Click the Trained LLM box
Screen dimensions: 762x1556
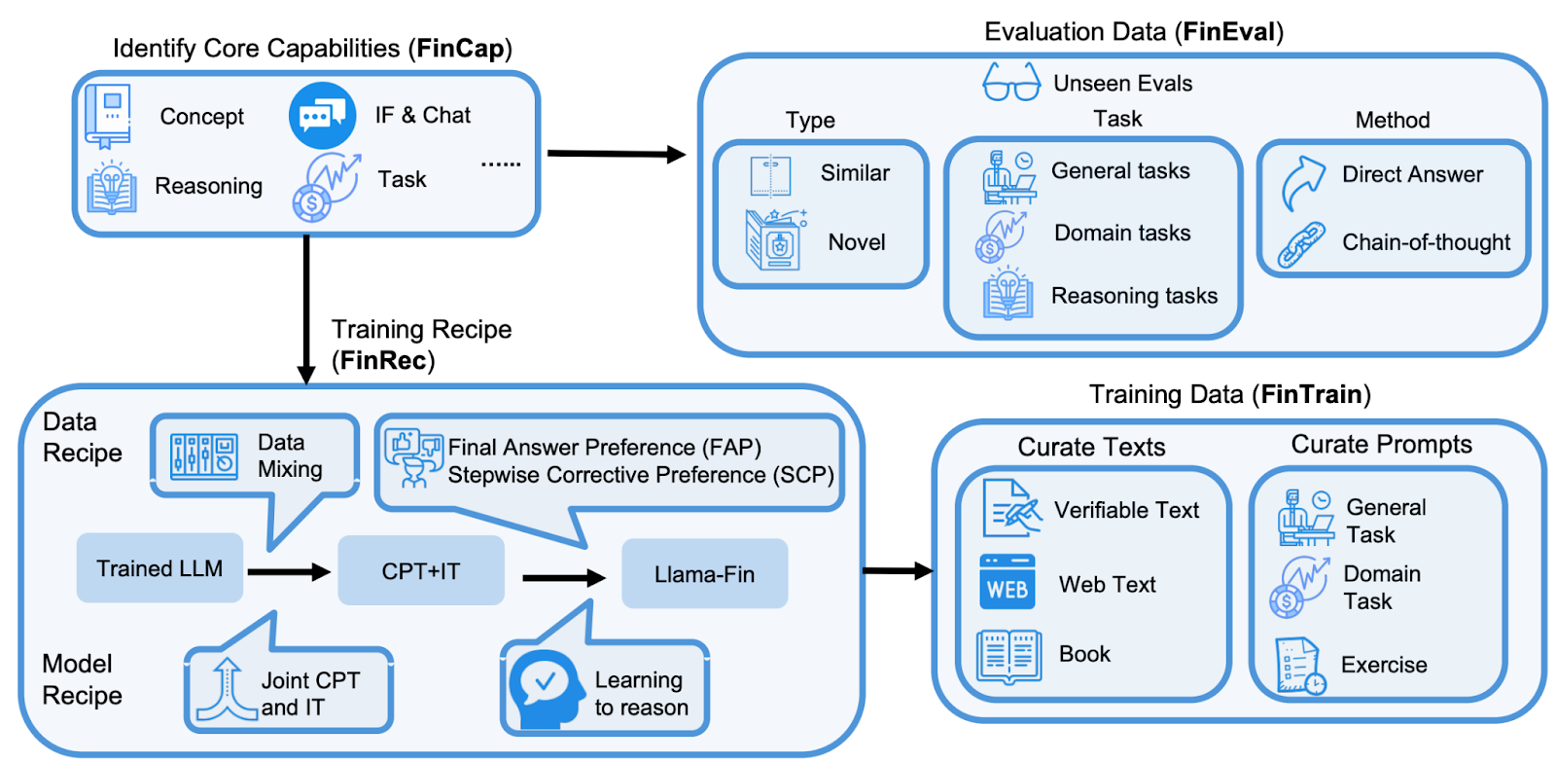pyautogui.click(x=159, y=568)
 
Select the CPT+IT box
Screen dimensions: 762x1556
pyautogui.click(x=420, y=571)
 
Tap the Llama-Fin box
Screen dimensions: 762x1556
pyautogui.click(x=704, y=574)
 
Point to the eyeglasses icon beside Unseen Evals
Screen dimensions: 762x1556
pyautogui.click(x=1011, y=82)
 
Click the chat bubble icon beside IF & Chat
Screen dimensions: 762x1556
pyautogui.click(x=322, y=116)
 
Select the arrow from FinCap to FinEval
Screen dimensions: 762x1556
pyautogui.click(x=617, y=154)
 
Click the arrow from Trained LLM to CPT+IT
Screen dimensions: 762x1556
pyautogui.click(x=289, y=572)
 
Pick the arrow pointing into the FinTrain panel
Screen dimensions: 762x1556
pyautogui.click(x=898, y=570)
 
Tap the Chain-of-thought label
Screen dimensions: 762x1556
pyautogui.click(x=1426, y=242)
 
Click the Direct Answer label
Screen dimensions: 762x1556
pyautogui.click(x=1412, y=174)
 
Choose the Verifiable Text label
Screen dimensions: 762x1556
pyautogui.click(x=1126, y=510)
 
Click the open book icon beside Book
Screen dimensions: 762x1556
pyautogui.click(x=1008, y=656)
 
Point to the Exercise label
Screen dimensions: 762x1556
pyautogui.click(x=1384, y=665)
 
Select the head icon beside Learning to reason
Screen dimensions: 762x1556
pyautogui.click(x=546, y=687)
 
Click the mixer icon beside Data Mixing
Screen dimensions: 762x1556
pyautogui.click(x=203, y=455)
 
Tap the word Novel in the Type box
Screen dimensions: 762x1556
pyautogui.click(x=856, y=242)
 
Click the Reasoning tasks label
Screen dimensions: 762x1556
pyautogui.click(x=1134, y=296)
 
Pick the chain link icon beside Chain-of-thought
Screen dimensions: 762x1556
pyautogui.click(x=1300, y=245)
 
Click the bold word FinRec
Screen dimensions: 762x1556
pyautogui.click(x=383, y=361)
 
